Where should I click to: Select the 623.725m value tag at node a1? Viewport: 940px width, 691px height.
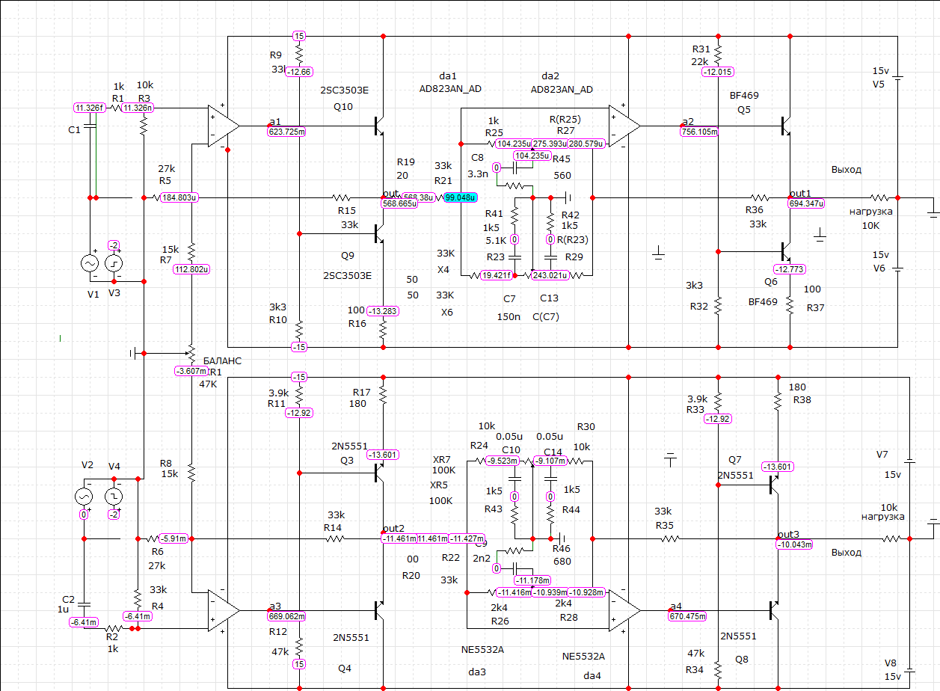[287, 132]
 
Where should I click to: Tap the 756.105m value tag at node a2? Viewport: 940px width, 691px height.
[699, 132]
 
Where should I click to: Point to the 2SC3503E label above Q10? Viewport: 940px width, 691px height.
[344, 90]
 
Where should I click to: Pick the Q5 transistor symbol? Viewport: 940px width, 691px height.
[786, 126]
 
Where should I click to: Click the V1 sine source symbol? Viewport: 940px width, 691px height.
[89, 263]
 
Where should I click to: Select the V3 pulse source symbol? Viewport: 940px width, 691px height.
[114, 263]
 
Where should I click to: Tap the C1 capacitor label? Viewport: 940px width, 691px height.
[73, 130]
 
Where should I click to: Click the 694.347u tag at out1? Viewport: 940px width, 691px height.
[806, 203]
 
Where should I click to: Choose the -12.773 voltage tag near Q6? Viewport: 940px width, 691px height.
[790, 269]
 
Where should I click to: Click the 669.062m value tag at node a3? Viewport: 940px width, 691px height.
[287, 616]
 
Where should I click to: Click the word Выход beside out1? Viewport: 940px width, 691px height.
[846, 170]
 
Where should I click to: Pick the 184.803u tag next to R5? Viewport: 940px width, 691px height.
[179, 197]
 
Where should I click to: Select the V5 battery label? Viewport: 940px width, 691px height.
[879, 84]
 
